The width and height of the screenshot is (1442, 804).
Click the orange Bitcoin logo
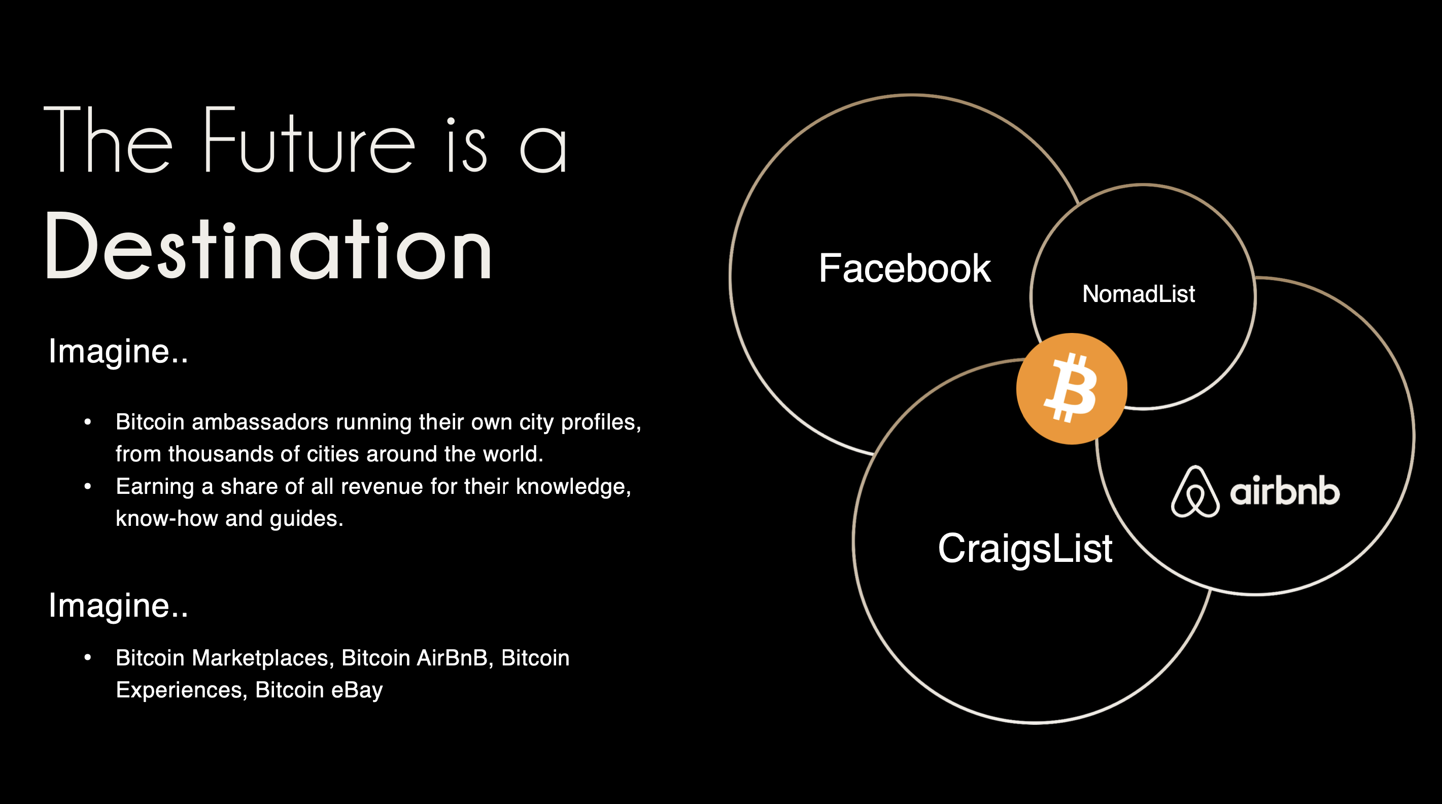pyautogui.click(x=1072, y=389)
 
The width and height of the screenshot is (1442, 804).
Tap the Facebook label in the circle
pyautogui.click(x=905, y=268)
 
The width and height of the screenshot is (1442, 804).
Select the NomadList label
pyautogui.click(x=1139, y=294)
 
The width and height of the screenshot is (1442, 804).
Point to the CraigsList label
pyautogui.click(x=1025, y=549)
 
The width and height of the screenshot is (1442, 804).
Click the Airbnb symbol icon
pyautogui.click(x=1195, y=491)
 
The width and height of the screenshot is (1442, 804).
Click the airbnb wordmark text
pyautogui.click(x=1285, y=491)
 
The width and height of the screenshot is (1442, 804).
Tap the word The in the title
pyautogui.click(x=108, y=140)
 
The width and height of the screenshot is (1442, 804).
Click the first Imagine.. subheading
pyautogui.click(x=118, y=352)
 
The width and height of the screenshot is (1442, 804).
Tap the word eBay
pyautogui.click(x=357, y=690)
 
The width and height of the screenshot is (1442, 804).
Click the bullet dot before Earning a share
pyautogui.click(x=87, y=487)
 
